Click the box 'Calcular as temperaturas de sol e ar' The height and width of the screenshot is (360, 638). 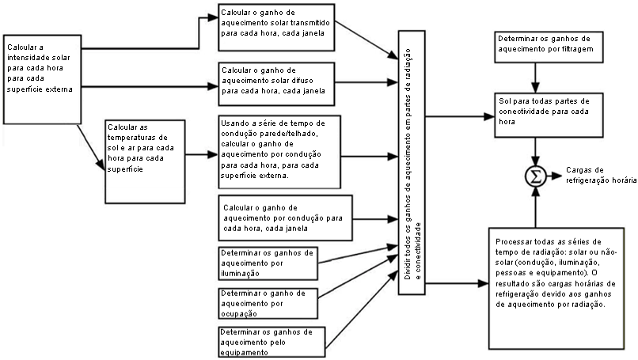tap(145, 149)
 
